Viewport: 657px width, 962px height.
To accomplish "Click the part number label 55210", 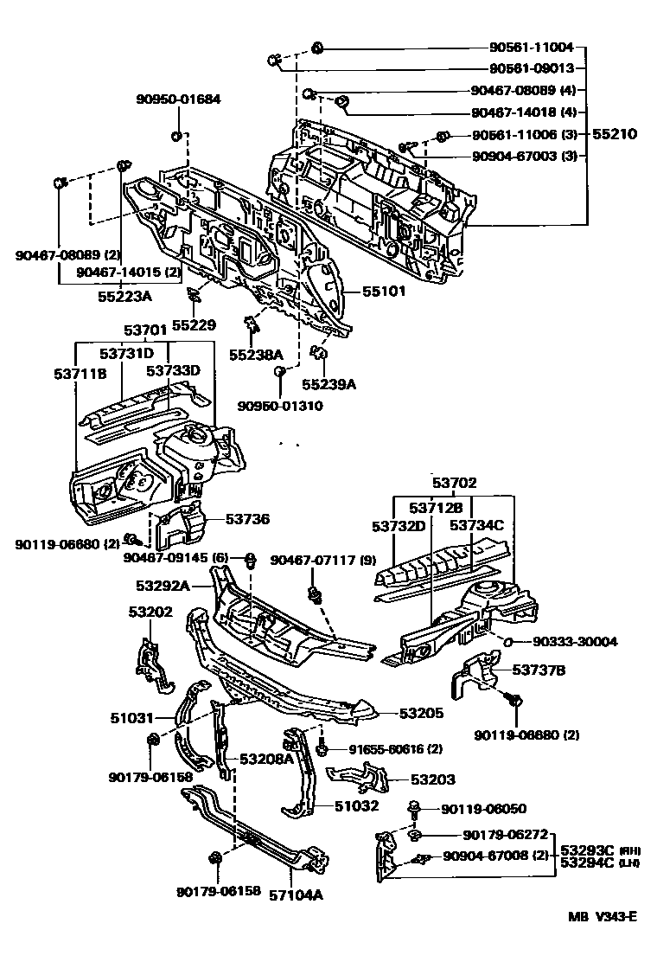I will [x=615, y=134].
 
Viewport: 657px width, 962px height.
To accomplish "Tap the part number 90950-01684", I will [x=178, y=99].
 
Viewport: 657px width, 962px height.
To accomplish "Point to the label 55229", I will [x=193, y=325].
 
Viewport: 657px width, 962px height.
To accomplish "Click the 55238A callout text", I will [x=256, y=354].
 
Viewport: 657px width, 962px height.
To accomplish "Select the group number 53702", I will [x=455, y=483].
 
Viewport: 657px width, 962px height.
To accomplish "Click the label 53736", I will [x=248, y=519].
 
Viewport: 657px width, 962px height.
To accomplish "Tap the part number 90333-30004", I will [x=576, y=641].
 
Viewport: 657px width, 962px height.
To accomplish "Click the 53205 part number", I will [x=421, y=714].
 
